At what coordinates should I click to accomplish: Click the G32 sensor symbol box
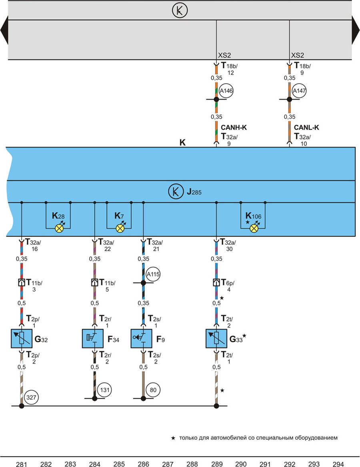pos(22,339)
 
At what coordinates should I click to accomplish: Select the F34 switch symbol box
pos(93,339)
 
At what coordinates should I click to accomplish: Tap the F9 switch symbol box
pos(142,339)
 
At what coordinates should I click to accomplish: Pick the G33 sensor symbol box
pos(216,339)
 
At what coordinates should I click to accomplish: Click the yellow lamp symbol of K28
pos(59,228)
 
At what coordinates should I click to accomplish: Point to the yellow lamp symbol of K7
pos(120,228)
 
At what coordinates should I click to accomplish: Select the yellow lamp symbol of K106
pos(254,228)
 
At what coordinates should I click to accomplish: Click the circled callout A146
pos(226,91)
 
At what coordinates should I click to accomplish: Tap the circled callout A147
pos(299,91)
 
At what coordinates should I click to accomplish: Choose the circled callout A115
pos(153,274)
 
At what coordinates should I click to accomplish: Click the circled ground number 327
pos(31,397)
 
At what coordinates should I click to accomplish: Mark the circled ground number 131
pos(104,390)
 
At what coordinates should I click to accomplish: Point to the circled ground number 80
pos(153,390)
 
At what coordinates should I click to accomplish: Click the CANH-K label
pos(234,128)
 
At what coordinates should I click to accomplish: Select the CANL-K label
pos(306,128)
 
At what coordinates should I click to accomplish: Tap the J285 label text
pos(194,192)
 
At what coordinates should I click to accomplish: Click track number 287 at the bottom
pos(168,464)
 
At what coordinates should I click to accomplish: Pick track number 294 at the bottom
pos(338,464)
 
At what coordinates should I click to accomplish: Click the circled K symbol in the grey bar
pos(180,10)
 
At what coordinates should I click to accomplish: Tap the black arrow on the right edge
pos(356,30)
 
